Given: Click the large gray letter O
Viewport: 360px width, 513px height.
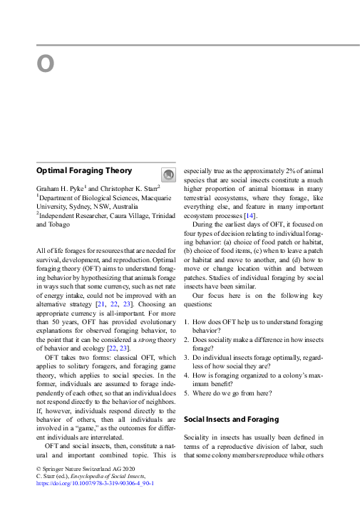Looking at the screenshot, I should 46,64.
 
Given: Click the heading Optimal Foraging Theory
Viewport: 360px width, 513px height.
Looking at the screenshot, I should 84,171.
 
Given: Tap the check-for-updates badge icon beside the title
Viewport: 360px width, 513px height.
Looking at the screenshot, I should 167,175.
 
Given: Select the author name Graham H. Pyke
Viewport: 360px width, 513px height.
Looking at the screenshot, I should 61,187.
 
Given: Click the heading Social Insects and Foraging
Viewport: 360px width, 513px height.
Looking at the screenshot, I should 231,420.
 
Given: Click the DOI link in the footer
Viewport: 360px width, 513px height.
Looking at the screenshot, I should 94,482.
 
